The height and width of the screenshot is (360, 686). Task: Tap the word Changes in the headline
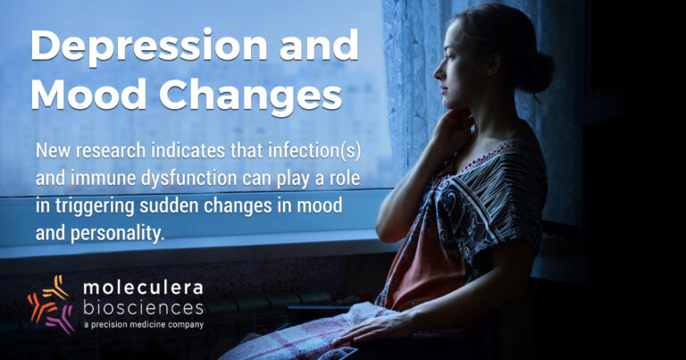click(x=250, y=96)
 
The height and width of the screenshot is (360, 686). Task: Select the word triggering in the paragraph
click(x=94, y=207)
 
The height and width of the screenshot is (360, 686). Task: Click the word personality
click(x=117, y=233)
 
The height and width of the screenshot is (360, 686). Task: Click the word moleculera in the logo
click(x=143, y=288)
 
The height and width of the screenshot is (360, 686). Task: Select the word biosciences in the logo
click(x=143, y=307)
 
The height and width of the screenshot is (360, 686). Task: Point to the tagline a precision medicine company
click(x=144, y=324)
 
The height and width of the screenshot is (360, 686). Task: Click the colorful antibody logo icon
click(x=51, y=305)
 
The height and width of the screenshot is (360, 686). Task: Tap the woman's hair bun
click(x=541, y=73)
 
